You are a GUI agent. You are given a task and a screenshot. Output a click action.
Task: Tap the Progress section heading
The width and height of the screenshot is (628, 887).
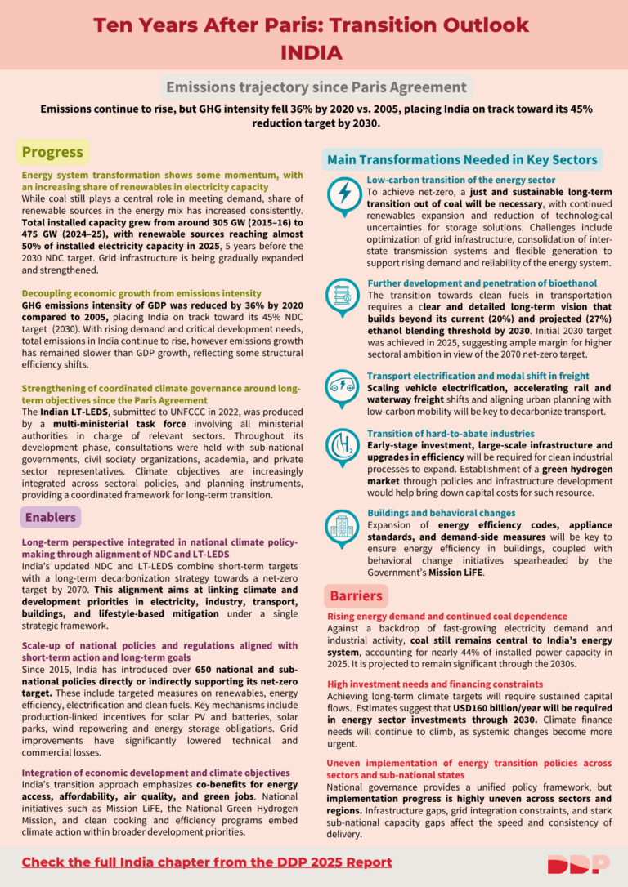[52, 152]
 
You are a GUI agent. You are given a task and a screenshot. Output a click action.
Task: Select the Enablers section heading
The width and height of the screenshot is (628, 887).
[50, 517]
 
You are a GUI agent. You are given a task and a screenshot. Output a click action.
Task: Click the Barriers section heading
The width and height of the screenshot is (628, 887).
[356, 595]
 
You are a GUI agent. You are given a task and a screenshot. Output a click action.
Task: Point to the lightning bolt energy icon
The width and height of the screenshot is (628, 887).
[343, 194]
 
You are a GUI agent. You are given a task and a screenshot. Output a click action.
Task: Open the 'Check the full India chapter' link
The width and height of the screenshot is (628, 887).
[207, 862]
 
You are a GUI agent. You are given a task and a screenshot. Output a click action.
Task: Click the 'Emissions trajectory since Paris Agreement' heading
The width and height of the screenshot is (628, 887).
[316, 87]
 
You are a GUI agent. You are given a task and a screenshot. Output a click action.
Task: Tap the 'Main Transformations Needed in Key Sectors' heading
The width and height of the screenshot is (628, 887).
[462, 159]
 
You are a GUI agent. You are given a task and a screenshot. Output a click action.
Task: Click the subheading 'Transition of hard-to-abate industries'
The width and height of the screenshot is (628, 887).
[451, 433]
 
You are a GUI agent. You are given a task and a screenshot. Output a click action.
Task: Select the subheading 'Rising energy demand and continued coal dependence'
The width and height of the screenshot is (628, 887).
[446, 616]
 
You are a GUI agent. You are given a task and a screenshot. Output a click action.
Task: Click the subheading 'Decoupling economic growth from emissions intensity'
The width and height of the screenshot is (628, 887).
[141, 292]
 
